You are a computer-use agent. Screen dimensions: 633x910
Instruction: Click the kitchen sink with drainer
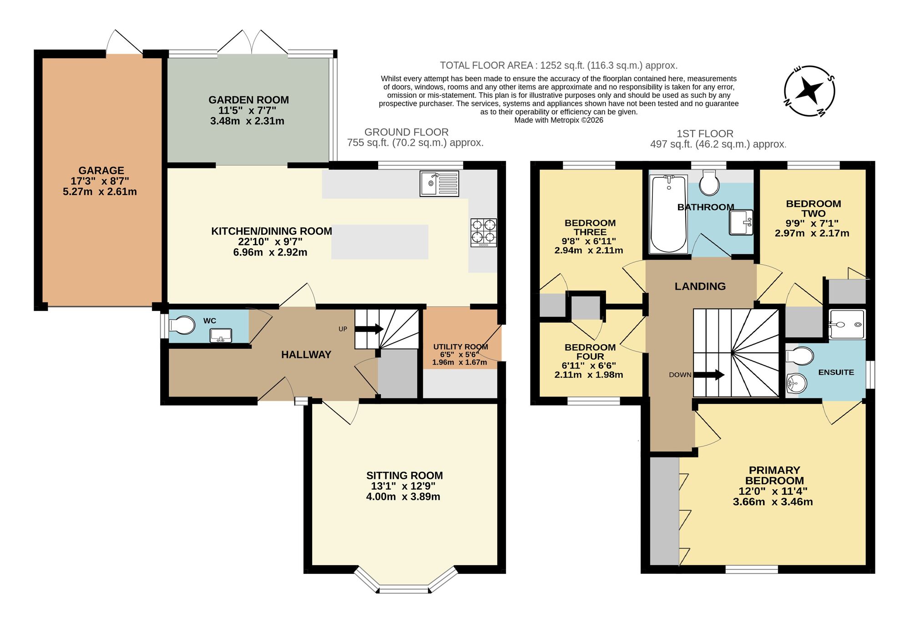(439, 184)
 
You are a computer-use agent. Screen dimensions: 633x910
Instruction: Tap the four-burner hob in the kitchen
(483, 232)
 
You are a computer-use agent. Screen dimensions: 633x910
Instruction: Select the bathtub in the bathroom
(668, 214)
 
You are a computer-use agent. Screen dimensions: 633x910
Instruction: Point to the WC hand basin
(221, 336)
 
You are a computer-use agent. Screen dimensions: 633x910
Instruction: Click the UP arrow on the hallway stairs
(369, 329)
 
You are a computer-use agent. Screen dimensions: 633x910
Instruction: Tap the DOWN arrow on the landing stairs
(708, 375)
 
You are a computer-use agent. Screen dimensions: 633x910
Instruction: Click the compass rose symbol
(809, 91)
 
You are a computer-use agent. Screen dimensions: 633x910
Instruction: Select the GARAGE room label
(101, 171)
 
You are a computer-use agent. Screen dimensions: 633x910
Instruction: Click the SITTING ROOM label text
(404, 476)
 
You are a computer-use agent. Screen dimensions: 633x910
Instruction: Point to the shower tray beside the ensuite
(847, 325)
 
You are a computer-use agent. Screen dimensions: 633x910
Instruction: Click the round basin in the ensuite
(796, 383)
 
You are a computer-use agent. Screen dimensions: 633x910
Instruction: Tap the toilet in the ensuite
(800, 356)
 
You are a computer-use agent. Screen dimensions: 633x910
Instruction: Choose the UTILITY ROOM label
(460, 347)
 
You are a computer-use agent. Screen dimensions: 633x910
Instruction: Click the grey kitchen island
(379, 242)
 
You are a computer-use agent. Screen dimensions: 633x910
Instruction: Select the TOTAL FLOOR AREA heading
(558, 65)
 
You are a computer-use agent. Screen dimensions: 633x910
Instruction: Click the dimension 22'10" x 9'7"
(270, 241)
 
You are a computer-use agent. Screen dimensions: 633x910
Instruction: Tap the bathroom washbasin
(741, 222)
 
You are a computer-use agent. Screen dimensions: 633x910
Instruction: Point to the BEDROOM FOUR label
(590, 352)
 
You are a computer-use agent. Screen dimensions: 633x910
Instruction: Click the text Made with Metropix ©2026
(558, 120)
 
